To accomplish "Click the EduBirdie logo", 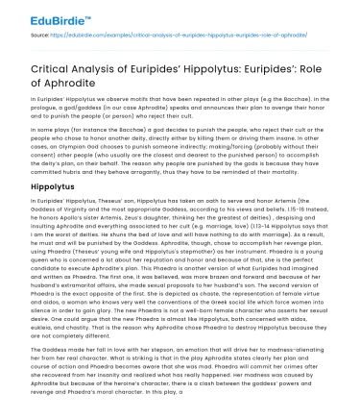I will [x=37, y=17].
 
